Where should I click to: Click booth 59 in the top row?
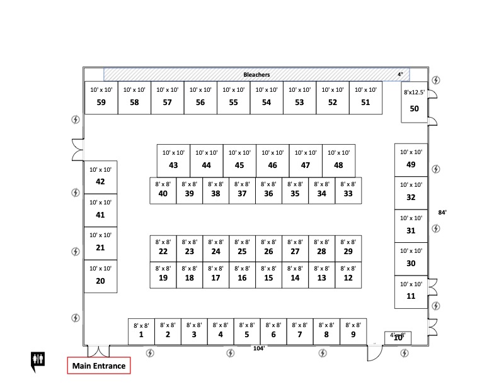tap(101, 98)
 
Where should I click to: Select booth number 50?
tap(414, 104)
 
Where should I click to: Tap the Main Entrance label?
tap(99, 365)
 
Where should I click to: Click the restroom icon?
tap(38, 359)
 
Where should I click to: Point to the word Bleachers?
tap(256, 75)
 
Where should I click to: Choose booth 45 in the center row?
tap(239, 160)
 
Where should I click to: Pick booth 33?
tap(348, 191)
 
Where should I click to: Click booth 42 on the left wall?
tap(100, 177)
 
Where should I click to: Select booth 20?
tap(100, 276)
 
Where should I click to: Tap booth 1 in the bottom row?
tap(141, 331)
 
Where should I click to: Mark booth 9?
tap(353, 331)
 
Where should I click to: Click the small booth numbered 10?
tap(398, 338)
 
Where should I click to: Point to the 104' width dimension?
tap(258, 348)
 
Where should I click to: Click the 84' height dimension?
tap(442, 213)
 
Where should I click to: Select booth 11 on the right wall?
tap(411, 292)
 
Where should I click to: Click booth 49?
tap(411, 160)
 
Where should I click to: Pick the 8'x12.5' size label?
tap(414, 92)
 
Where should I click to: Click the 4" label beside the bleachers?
tap(400, 75)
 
